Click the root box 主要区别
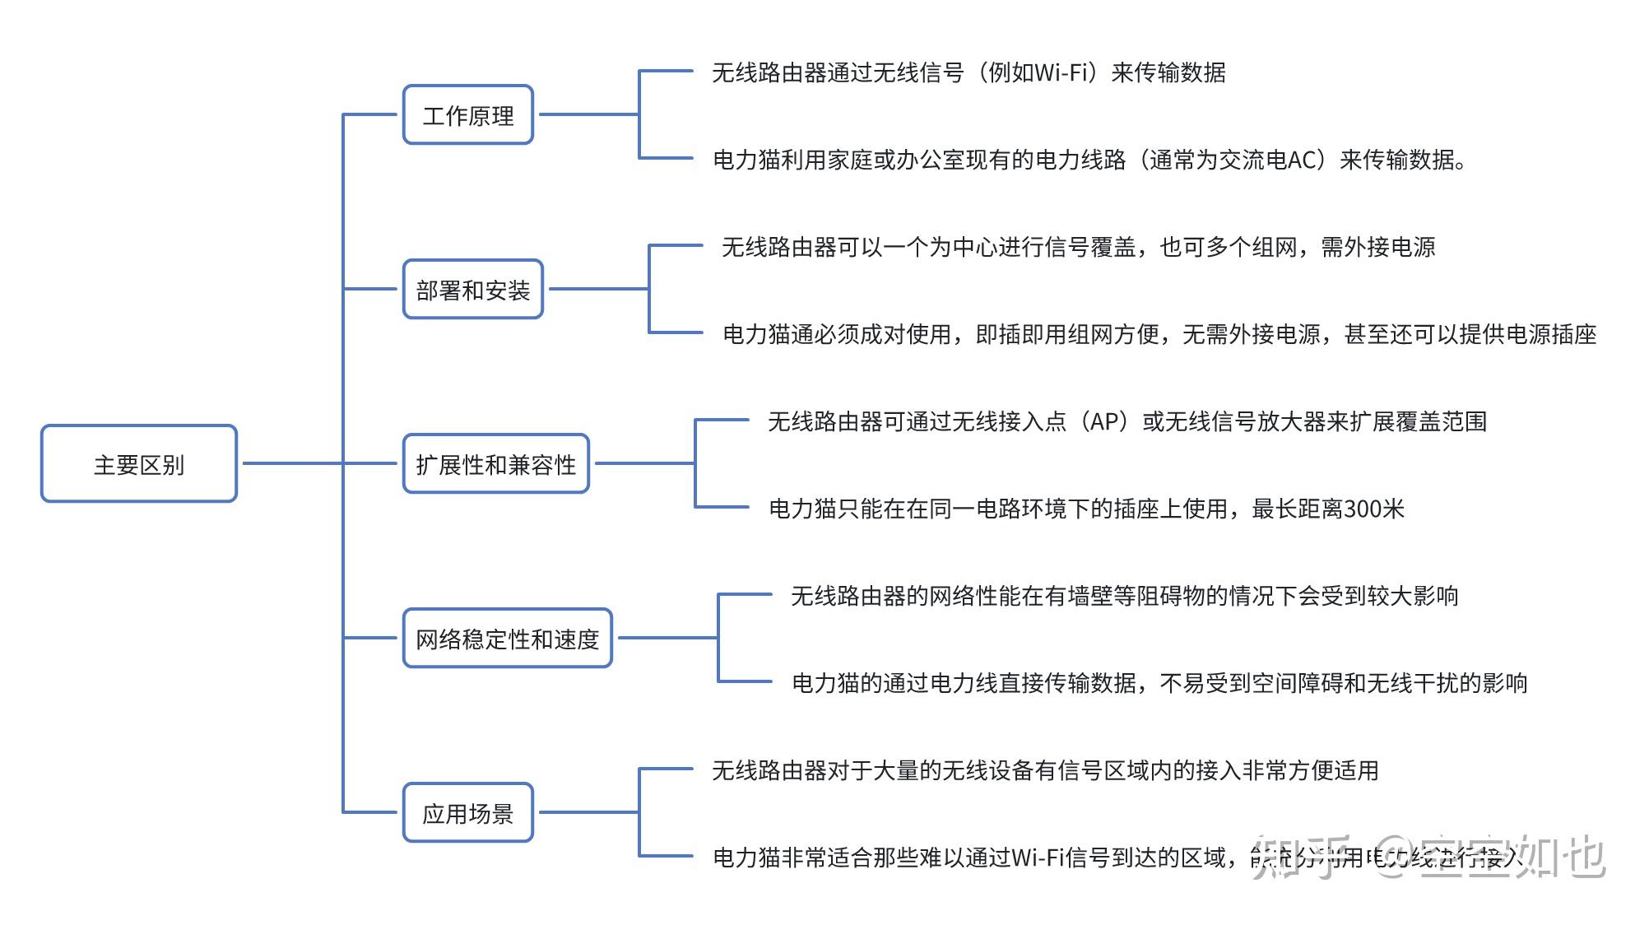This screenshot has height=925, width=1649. (139, 464)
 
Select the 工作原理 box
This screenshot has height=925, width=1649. (468, 115)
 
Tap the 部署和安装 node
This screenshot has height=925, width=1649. (473, 290)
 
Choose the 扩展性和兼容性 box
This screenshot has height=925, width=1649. (496, 464)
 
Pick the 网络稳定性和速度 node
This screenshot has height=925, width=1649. (508, 639)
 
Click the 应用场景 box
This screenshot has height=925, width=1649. (468, 813)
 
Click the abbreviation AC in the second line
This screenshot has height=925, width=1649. (1303, 160)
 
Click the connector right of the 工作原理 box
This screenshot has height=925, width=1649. (588, 114)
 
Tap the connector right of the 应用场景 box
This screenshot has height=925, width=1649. (588, 812)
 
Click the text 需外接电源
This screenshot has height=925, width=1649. (1378, 247)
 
